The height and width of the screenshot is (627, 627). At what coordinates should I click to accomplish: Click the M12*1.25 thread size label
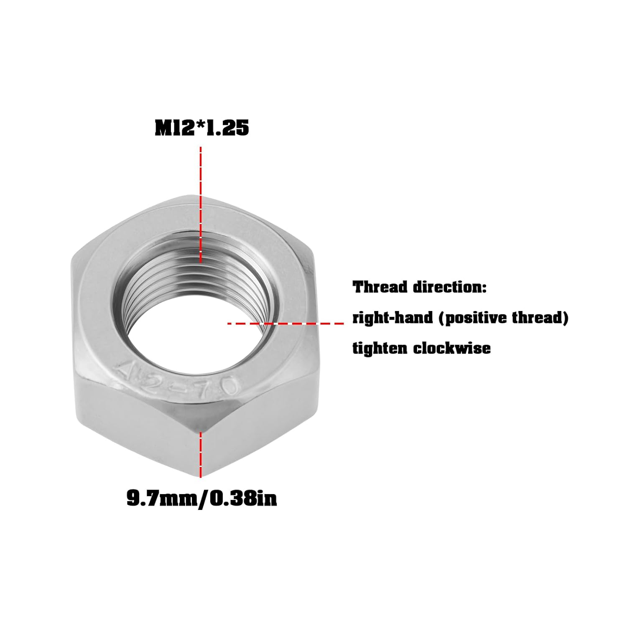tap(201, 128)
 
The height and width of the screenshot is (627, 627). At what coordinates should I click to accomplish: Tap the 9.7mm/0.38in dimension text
tap(201, 499)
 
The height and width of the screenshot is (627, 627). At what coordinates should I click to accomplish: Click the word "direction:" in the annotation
tap(450, 288)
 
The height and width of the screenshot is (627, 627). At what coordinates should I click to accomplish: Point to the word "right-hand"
tap(387, 318)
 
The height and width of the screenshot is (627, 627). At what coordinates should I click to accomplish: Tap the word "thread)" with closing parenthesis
tap(540, 318)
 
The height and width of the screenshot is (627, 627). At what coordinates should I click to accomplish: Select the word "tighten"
tap(380, 348)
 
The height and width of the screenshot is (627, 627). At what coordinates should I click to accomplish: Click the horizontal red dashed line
tap(293, 323)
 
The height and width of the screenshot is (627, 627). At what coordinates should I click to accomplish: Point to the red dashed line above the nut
tap(201, 176)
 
